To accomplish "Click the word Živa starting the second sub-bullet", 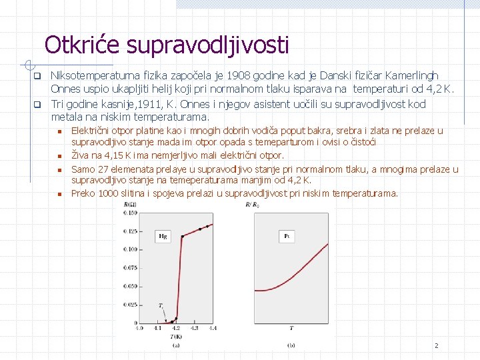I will (x=80, y=155).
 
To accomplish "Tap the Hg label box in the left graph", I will (x=163, y=235).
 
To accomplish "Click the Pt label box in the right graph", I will (x=287, y=236).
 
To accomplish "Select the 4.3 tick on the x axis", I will (x=194, y=328).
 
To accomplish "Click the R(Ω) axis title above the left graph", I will (x=131, y=205).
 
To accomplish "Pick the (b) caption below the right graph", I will (x=291, y=345).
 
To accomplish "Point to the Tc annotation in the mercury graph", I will (x=161, y=305).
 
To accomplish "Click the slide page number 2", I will (x=436, y=345).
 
